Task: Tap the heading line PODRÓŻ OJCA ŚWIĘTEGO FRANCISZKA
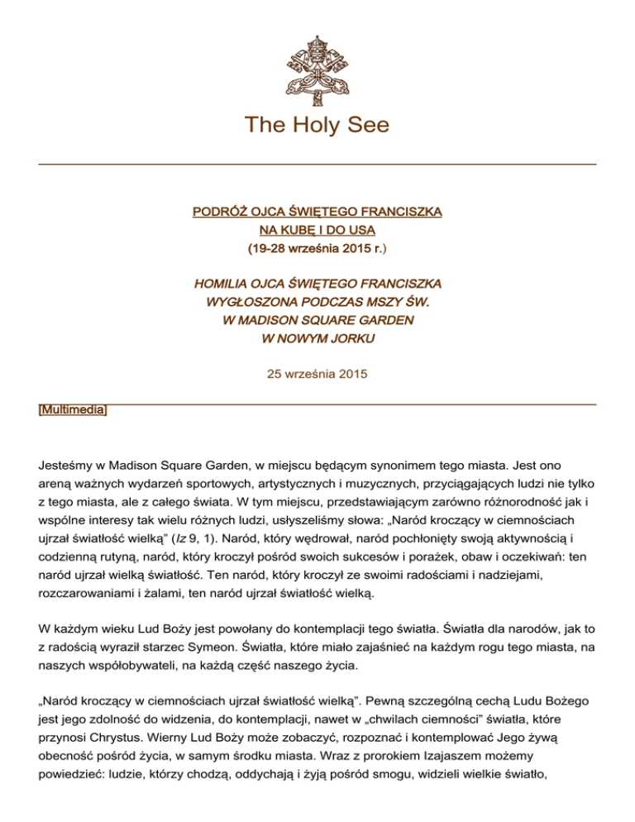317,213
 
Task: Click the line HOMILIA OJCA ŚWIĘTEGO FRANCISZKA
317,282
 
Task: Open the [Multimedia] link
73,411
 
